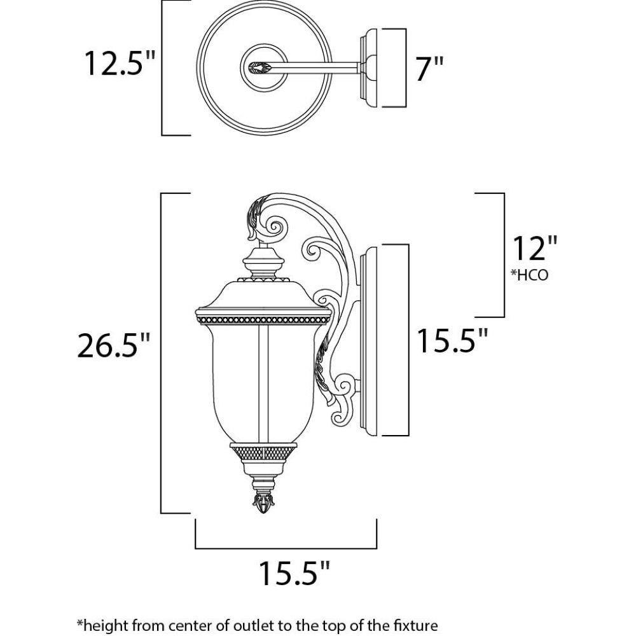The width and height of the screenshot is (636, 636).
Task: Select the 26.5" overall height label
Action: click(114, 346)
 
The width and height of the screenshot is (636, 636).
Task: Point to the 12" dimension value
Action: click(534, 249)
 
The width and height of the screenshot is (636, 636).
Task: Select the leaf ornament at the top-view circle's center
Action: click(262, 66)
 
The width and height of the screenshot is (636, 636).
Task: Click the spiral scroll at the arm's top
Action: click(277, 226)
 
